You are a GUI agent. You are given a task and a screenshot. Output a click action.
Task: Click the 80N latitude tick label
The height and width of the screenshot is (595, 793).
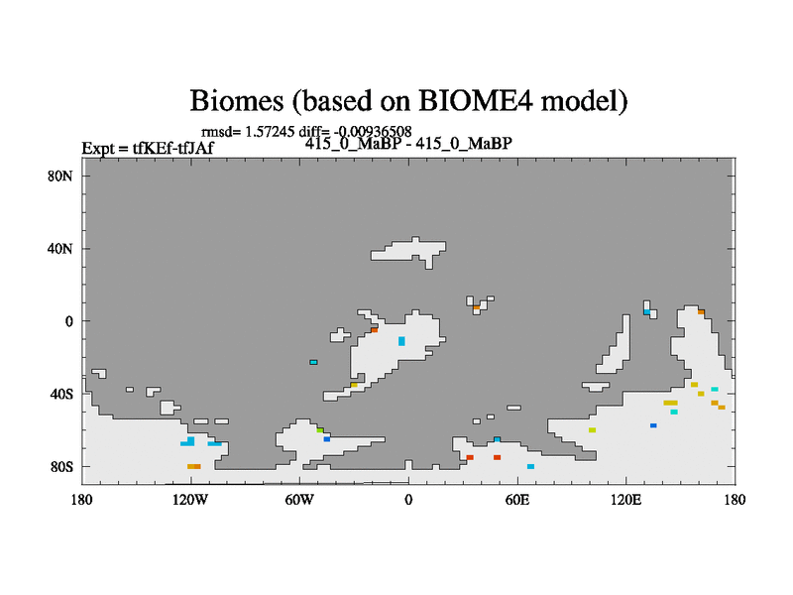click(x=60, y=177)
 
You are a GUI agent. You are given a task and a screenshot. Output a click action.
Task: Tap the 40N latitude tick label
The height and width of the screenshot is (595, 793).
click(x=60, y=249)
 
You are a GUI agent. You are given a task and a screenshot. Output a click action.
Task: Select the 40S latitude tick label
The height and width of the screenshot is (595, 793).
click(x=61, y=394)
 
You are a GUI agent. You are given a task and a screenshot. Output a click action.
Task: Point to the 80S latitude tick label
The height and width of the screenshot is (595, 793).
click(x=61, y=467)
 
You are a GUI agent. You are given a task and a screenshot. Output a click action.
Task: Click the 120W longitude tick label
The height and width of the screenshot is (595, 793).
click(x=190, y=501)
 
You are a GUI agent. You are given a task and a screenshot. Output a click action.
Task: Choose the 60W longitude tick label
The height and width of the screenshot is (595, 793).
click(x=299, y=501)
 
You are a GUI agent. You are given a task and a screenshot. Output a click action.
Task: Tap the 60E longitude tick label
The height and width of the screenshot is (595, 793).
click(x=516, y=501)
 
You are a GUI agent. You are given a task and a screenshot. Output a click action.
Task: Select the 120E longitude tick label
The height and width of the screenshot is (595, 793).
click(x=625, y=501)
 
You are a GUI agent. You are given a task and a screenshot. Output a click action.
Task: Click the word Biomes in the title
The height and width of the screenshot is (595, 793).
click(x=237, y=100)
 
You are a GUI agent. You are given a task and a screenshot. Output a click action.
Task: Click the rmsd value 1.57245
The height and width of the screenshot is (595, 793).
click(x=270, y=132)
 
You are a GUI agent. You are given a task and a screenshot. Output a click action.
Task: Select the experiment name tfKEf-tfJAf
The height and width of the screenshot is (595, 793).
click(x=172, y=148)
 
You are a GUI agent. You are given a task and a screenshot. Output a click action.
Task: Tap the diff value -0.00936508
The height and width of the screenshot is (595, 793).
click(x=373, y=132)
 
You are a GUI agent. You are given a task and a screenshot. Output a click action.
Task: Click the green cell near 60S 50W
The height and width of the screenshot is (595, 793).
click(x=320, y=430)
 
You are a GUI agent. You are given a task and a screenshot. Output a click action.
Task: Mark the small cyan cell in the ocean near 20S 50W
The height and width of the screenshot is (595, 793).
click(x=313, y=362)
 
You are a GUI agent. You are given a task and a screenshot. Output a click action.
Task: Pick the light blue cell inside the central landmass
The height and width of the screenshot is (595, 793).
click(x=401, y=341)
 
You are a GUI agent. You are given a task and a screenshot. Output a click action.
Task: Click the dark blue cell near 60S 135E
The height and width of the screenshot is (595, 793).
click(x=653, y=425)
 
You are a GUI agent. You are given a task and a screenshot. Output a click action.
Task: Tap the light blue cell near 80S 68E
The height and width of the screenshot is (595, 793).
click(x=530, y=466)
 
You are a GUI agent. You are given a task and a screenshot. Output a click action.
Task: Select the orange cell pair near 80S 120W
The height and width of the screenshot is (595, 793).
click(x=194, y=466)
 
